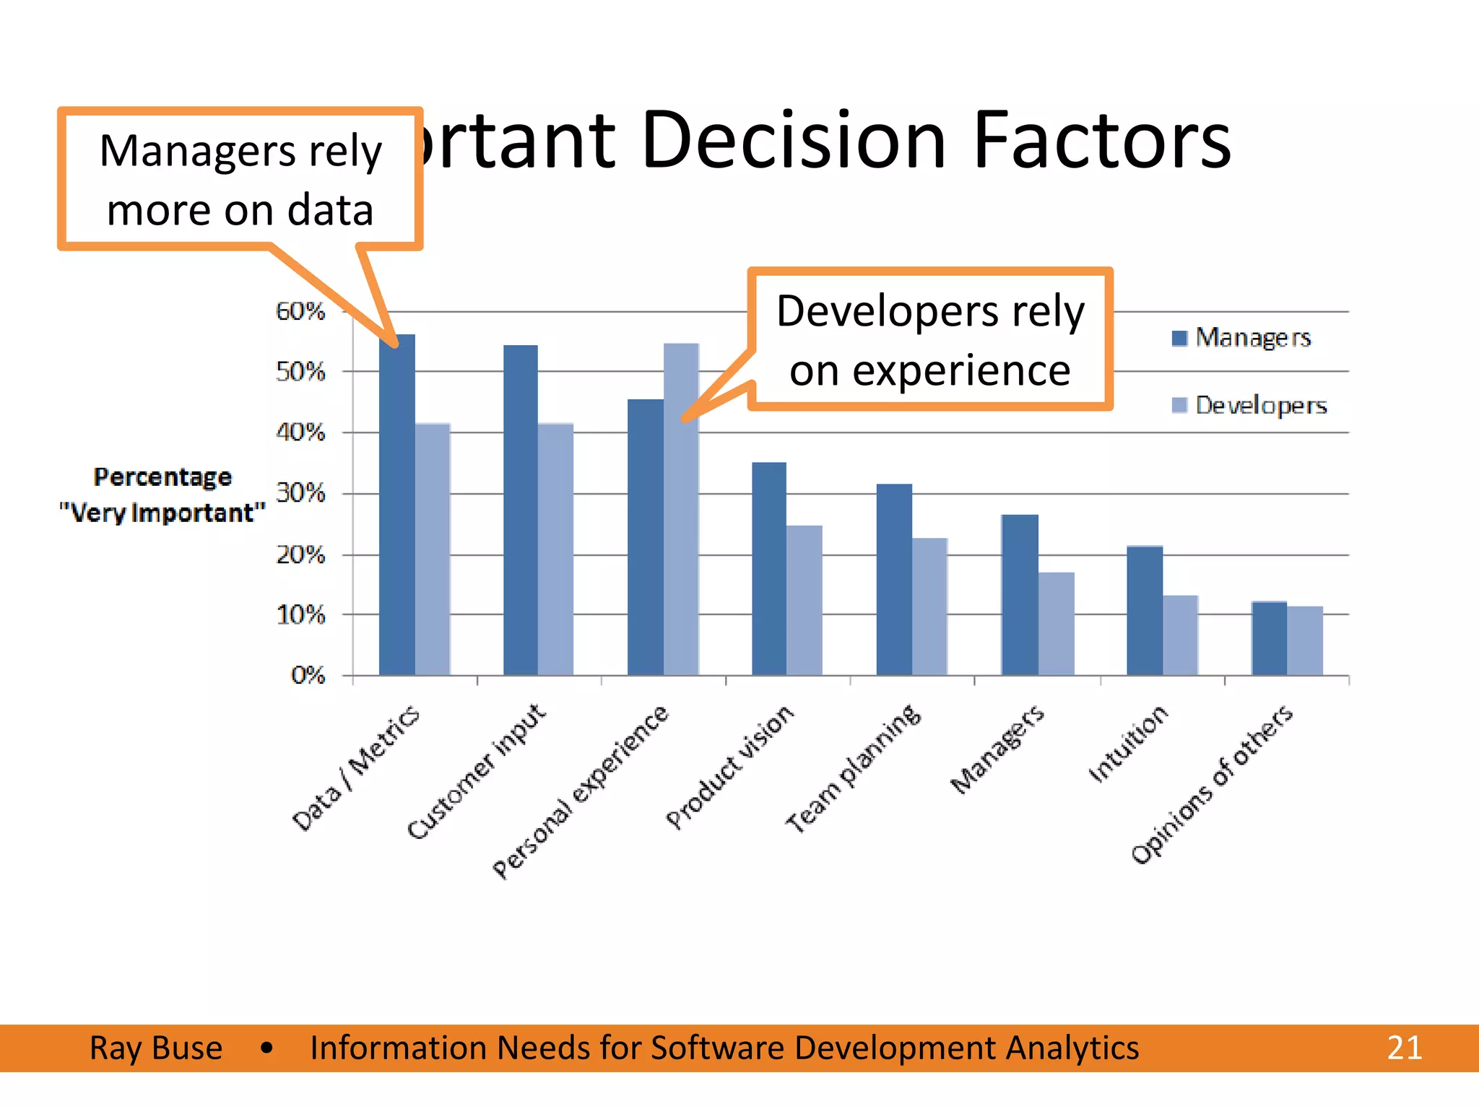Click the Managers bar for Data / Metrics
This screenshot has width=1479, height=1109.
pos(396,505)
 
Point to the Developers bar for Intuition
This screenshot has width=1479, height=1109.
pos(1181,635)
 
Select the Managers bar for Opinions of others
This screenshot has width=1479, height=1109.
pos(1269,638)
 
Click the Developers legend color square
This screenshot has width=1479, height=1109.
pos(1179,405)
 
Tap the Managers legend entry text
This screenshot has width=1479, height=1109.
pos(1253,338)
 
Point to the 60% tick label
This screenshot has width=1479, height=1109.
pos(300,311)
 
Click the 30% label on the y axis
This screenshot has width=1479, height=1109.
pos(300,494)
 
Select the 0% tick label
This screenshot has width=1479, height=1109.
pos(308,675)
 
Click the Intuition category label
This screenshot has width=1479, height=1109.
pos(1127,744)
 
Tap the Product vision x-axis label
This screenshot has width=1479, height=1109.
pos(729,767)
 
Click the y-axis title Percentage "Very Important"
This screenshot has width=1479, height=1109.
pos(162,495)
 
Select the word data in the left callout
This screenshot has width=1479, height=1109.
pos(330,210)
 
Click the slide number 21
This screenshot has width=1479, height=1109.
pos(1404,1048)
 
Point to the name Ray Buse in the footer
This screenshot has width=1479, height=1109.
pos(156,1048)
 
